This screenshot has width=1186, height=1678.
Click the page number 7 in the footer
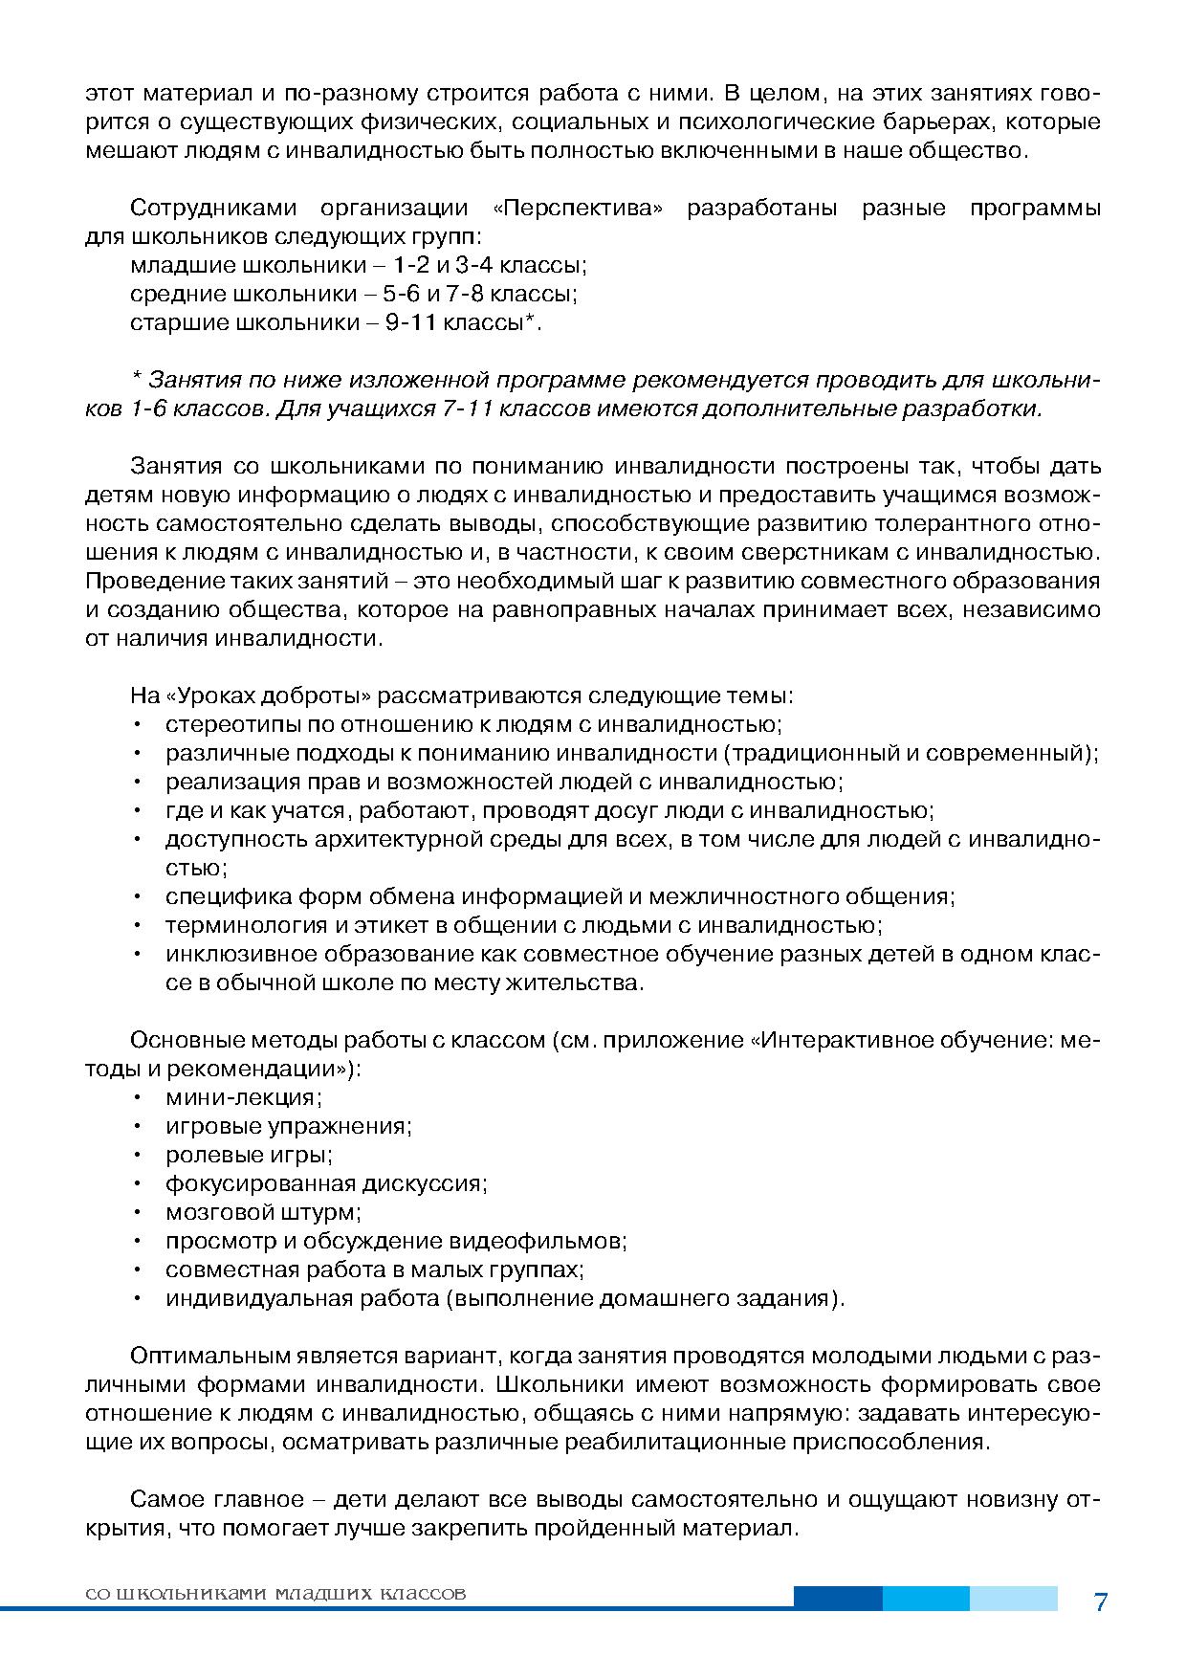(1100, 1602)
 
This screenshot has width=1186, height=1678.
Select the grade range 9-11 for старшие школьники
(411, 323)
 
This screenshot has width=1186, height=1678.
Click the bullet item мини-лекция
(244, 1097)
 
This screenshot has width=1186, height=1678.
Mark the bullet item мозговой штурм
(263, 1212)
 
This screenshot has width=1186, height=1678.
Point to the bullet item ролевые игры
(249, 1155)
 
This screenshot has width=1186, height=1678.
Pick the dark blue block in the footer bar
(837, 1598)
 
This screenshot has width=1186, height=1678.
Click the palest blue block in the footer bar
(1013, 1598)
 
